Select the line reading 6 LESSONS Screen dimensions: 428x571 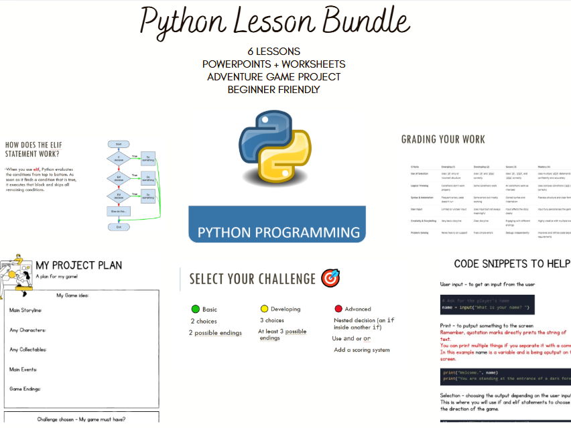point(273,52)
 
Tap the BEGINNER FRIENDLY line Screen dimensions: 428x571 point(273,89)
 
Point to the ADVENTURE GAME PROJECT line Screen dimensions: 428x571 point(273,76)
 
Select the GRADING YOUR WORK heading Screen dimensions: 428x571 point(443,139)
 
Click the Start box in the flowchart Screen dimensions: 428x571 point(118,144)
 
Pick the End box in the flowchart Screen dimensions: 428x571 point(118,227)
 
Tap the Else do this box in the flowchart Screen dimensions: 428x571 point(118,211)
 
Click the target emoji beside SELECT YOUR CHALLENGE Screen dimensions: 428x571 point(330,278)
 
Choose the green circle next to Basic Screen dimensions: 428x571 point(196,309)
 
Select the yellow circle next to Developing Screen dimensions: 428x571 point(264,309)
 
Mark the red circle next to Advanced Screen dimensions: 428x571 point(338,309)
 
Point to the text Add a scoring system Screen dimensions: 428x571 point(361,350)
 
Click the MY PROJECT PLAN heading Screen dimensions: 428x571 point(79,265)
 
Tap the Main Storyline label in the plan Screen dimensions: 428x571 point(25,311)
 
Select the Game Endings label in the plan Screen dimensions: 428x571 point(25,388)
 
